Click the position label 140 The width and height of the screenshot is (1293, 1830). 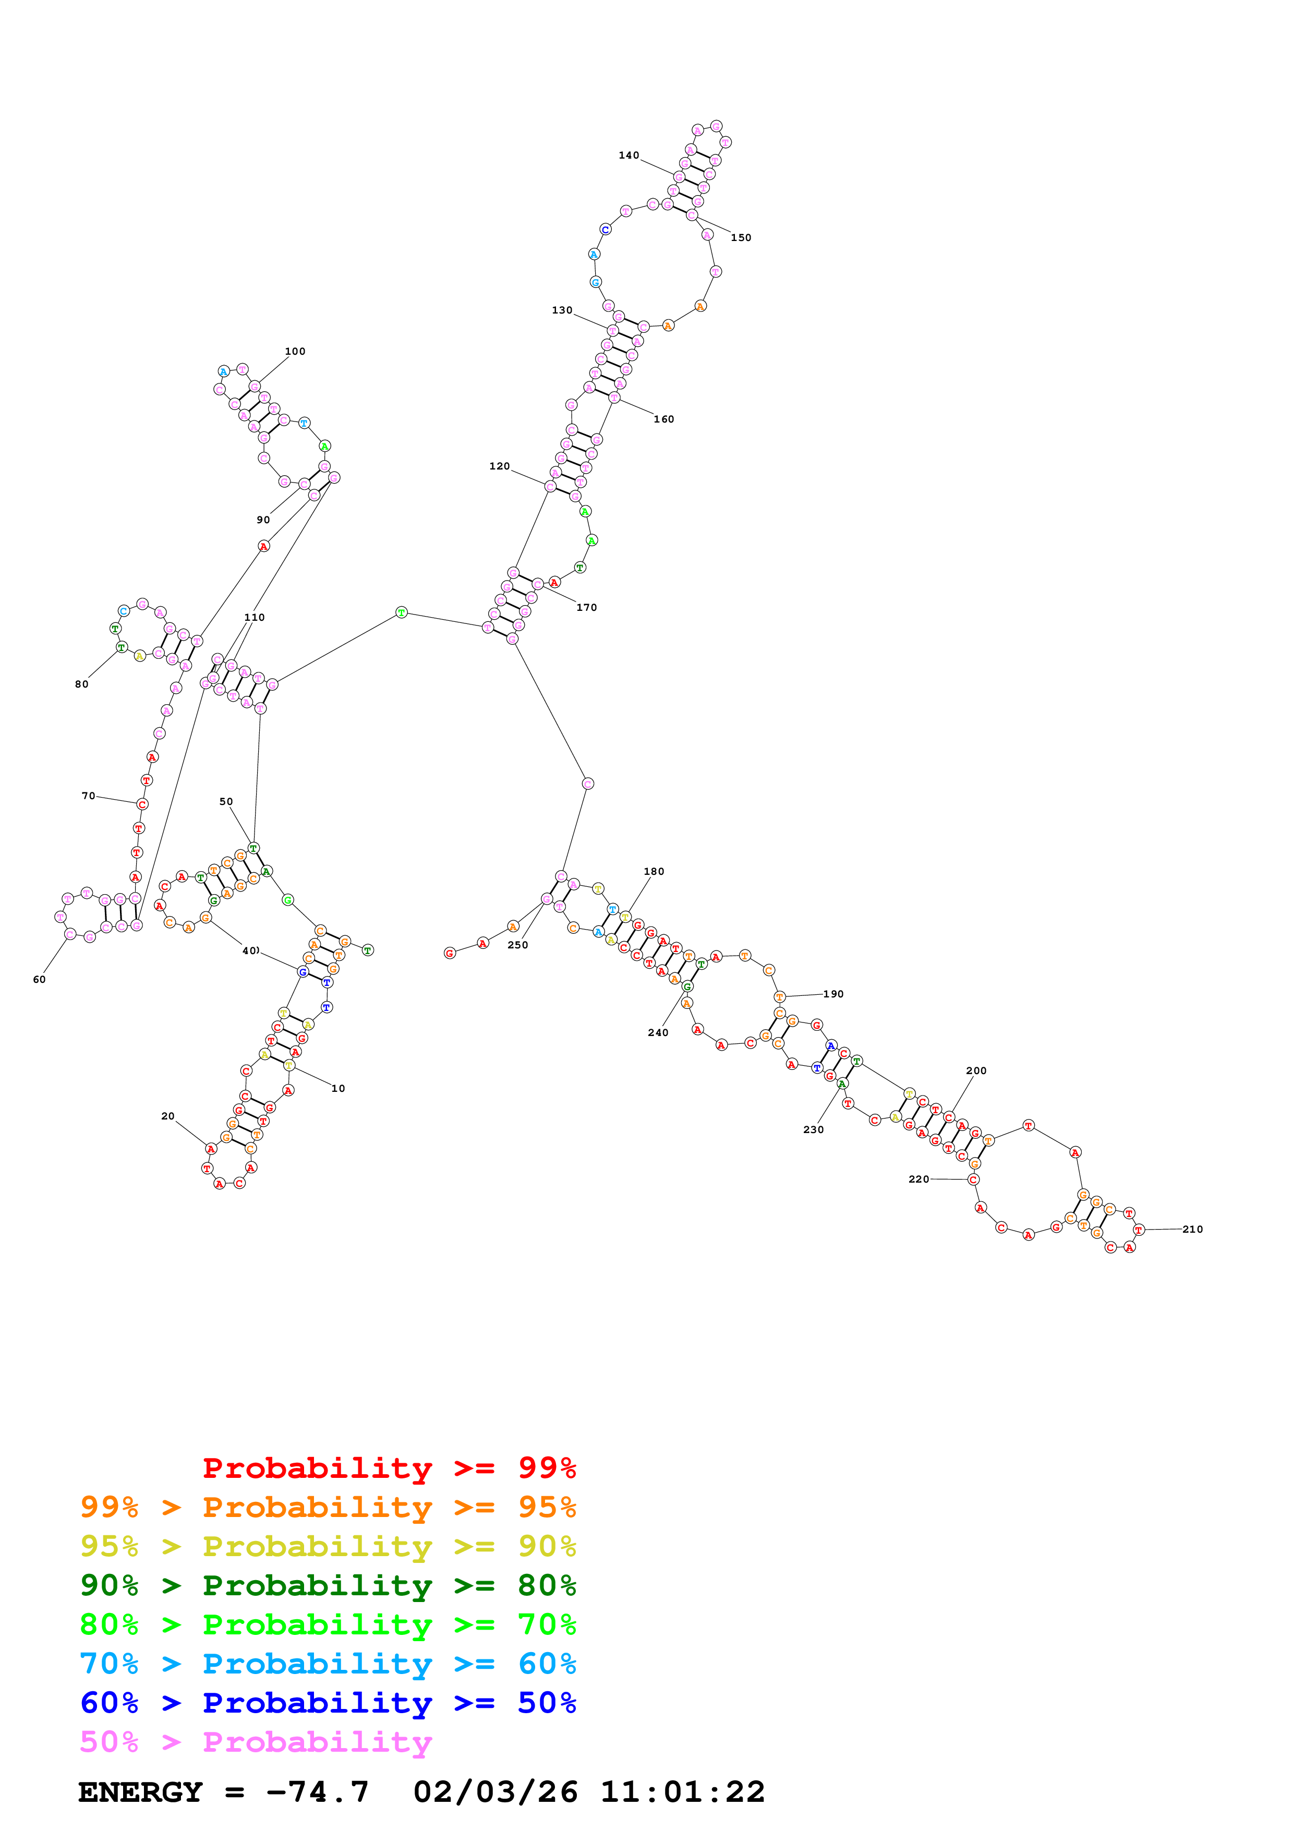click(629, 155)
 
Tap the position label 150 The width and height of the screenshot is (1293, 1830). click(741, 237)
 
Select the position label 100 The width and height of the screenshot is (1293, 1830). click(295, 352)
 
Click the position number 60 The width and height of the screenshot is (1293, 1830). click(39, 980)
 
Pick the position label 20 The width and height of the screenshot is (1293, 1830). click(167, 1116)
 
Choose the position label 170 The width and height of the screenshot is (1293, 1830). click(586, 607)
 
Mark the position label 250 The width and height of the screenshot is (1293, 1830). click(518, 945)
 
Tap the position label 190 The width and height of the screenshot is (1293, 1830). click(833, 994)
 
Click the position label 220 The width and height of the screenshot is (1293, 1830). click(919, 1179)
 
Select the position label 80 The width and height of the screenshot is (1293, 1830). click(81, 684)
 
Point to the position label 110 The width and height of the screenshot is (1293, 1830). click(254, 617)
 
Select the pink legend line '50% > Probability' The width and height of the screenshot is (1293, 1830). click(256, 1742)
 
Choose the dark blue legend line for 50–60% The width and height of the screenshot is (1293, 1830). click(328, 1703)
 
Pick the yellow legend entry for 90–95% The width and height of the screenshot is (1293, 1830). click(328, 1546)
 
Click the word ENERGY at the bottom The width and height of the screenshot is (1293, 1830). click(140, 1792)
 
